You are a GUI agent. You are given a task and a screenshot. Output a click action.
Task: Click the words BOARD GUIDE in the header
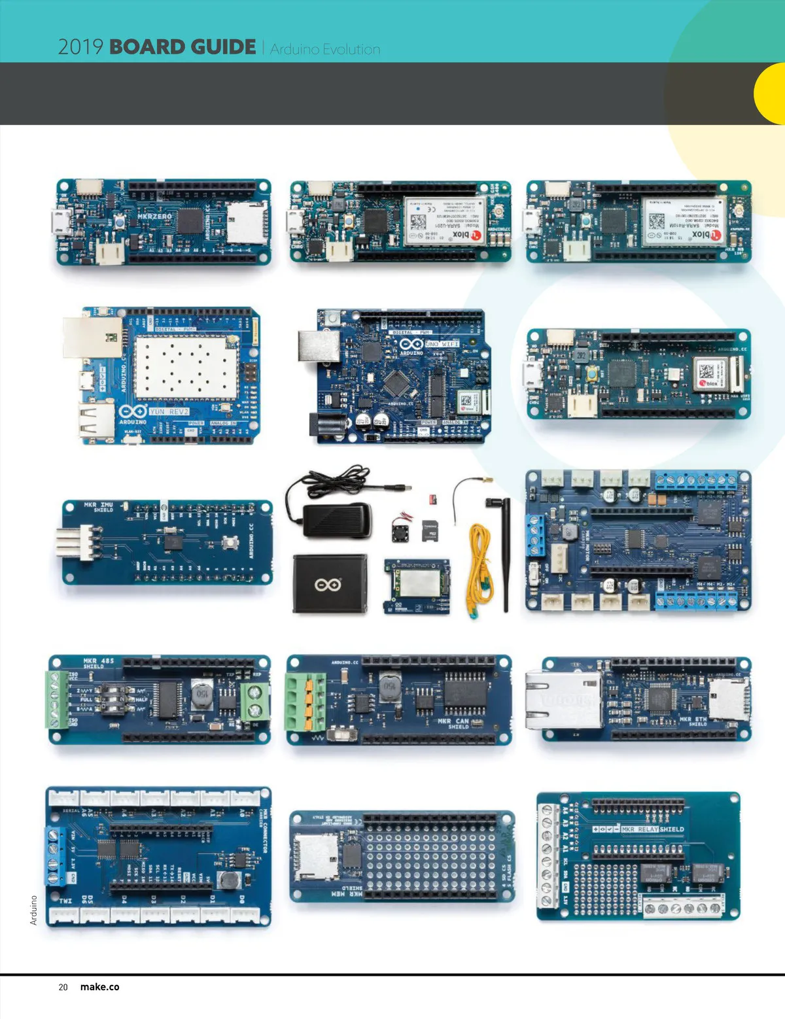coord(183,47)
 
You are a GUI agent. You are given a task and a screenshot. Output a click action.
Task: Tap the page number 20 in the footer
coord(63,987)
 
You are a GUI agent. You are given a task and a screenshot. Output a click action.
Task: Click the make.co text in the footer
coord(99,987)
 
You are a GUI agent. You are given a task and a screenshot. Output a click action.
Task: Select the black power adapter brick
coord(337,520)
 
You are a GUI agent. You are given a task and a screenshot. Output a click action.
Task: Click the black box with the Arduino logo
coord(329,583)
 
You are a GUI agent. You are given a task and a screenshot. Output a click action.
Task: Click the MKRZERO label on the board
coord(154,216)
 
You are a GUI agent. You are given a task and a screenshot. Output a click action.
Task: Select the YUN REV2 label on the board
coord(169,411)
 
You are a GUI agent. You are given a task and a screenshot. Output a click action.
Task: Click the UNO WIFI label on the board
coord(442,343)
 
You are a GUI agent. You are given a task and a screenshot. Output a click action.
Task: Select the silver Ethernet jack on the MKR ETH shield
coord(563,700)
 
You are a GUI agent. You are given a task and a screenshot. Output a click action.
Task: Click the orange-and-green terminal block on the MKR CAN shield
coord(306,702)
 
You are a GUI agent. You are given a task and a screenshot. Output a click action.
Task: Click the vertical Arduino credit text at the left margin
coord(33,910)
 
